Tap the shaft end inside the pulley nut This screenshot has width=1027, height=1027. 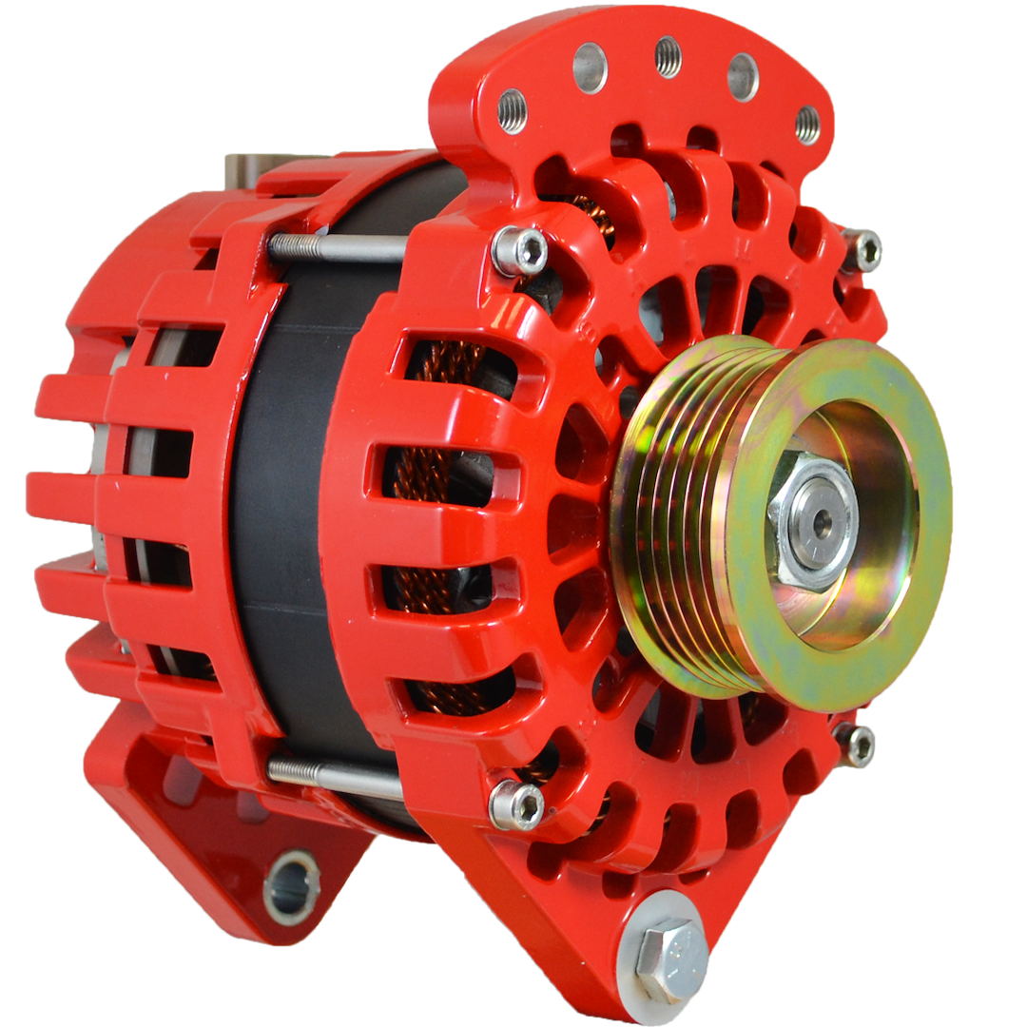815,520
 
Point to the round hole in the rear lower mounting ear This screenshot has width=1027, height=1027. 291,887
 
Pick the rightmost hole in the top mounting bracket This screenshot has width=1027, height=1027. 807,125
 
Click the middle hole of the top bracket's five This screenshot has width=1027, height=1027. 669,56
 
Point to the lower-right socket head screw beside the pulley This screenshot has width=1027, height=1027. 855,745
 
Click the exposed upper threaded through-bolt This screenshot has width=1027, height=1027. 338,248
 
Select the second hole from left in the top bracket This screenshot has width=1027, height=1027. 590,68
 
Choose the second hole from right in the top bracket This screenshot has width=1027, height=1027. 743,76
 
